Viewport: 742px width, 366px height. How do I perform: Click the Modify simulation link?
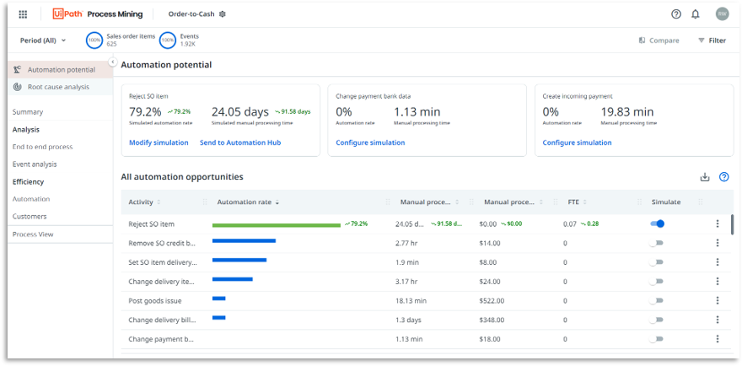point(159,143)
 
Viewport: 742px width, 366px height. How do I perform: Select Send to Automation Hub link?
point(240,143)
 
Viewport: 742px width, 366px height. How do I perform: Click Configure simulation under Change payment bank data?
point(370,143)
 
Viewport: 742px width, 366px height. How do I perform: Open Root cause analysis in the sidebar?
point(57,87)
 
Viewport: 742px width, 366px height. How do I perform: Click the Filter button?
point(712,40)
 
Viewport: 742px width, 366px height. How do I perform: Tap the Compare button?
point(659,40)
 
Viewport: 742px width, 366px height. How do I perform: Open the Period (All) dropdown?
point(42,40)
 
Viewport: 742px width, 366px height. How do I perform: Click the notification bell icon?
point(696,13)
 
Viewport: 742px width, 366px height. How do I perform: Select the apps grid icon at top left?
point(23,13)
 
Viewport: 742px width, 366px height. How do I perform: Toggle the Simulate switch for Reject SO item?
point(657,223)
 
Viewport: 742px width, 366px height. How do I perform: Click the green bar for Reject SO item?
point(276,224)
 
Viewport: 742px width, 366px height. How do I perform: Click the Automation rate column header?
point(245,202)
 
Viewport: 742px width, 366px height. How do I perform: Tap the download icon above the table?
point(705,177)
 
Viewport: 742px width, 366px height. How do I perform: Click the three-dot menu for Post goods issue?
point(718,300)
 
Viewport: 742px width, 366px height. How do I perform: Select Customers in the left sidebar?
point(30,217)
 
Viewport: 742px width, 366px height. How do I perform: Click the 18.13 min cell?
point(411,300)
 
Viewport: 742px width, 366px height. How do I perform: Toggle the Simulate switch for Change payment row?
point(657,339)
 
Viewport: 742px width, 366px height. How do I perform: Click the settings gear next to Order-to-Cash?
point(223,14)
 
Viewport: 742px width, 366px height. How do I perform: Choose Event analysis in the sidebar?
point(35,164)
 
